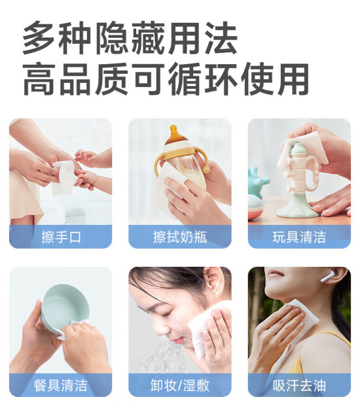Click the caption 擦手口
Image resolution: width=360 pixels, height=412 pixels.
click(61, 237)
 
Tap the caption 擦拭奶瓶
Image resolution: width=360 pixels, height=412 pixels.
click(180, 237)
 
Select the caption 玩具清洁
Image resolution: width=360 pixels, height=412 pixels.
click(299, 237)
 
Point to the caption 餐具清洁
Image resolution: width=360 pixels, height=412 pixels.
click(61, 386)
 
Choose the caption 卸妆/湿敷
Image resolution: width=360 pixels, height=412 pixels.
click(180, 386)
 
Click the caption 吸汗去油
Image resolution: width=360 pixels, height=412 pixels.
click(299, 386)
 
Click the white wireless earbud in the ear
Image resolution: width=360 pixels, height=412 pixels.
click(328, 276)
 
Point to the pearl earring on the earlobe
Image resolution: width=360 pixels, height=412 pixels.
click(217, 293)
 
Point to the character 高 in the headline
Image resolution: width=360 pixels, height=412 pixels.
click(40, 79)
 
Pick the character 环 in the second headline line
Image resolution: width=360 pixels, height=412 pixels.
click(221, 79)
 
